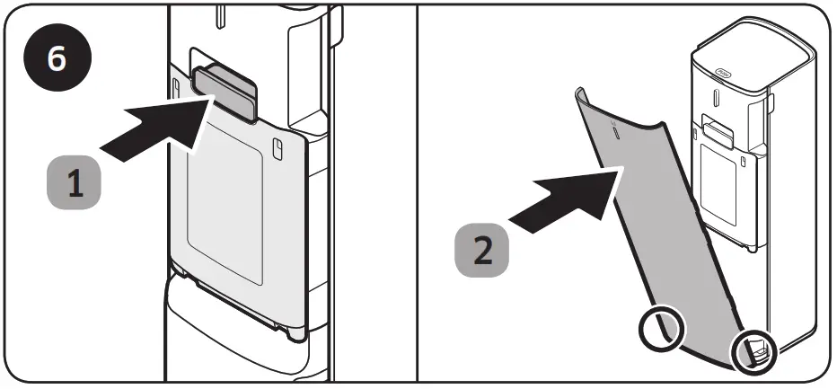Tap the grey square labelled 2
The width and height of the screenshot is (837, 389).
[482, 248]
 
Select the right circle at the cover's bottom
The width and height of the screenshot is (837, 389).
[753, 352]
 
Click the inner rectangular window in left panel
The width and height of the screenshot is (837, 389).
[225, 216]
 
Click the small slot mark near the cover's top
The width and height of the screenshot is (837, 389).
[616, 131]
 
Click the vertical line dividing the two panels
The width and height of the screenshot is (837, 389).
[418, 194]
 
